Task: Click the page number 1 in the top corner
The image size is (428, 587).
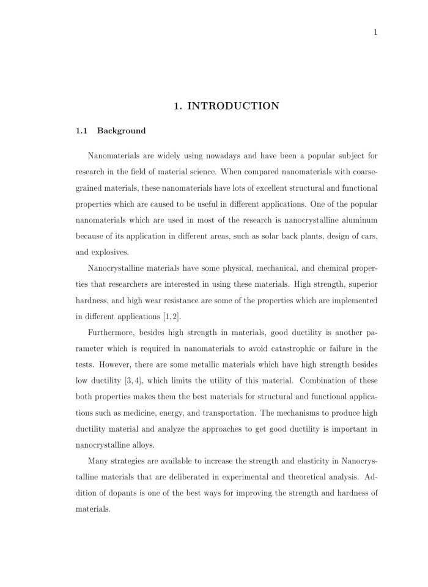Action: [375, 33]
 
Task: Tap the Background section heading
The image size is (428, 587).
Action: [121, 131]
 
